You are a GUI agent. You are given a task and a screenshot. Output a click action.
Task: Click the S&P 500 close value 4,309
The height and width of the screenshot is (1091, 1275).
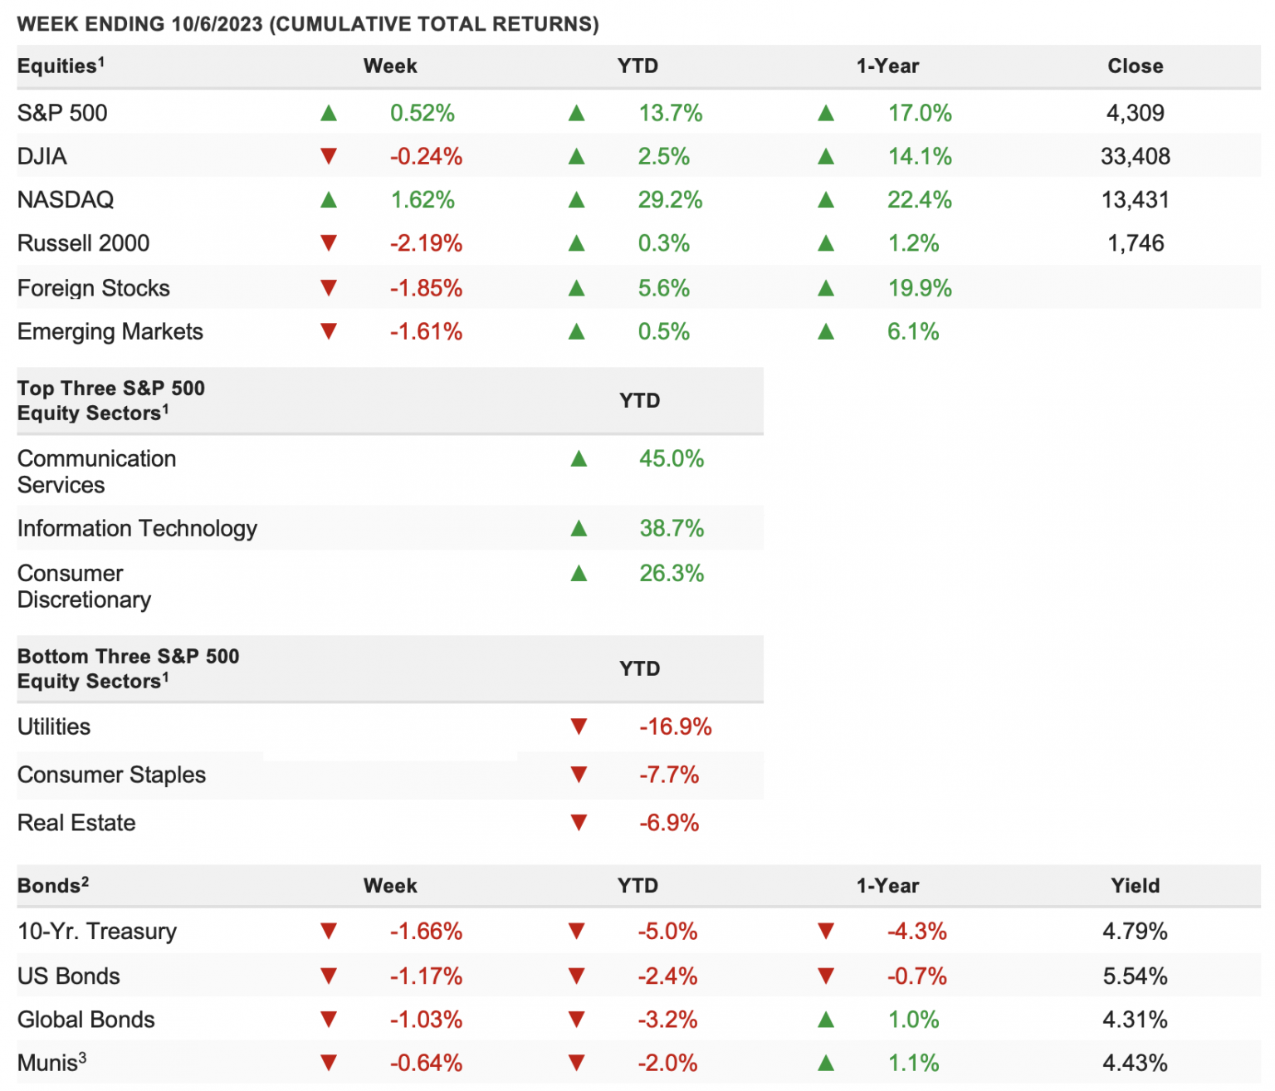pyautogui.click(x=1135, y=113)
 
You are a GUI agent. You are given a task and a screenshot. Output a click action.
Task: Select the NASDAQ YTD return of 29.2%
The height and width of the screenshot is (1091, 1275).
pyautogui.click(x=670, y=200)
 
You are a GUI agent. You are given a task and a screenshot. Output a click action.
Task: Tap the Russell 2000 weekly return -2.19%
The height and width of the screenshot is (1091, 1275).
pyautogui.click(x=426, y=243)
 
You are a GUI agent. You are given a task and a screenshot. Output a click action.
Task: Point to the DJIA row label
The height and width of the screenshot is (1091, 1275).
pyautogui.click(x=42, y=156)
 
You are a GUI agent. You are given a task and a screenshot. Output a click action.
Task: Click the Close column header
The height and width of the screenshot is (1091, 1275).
pyautogui.click(x=1135, y=66)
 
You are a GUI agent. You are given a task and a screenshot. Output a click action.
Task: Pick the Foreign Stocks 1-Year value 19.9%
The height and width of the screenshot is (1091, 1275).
pyautogui.click(x=919, y=288)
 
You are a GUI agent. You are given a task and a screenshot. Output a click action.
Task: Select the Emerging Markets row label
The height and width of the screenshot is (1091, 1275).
pyautogui.click(x=110, y=332)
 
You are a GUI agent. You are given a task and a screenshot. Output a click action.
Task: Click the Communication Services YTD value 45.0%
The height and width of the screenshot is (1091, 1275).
pyautogui.click(x=671, y=458)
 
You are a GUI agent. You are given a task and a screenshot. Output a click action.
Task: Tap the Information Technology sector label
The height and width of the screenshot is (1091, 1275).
pyautogui.click(x=137, y=529)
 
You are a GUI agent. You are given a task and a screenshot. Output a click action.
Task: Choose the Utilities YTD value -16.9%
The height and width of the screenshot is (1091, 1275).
pyautogui.click(x=676, y=727)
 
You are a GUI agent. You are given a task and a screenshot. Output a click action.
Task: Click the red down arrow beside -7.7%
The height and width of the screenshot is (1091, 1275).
pyautogui.click(x=579, y=775)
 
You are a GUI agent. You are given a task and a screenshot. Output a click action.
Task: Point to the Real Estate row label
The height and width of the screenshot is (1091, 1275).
pyautogui.click(x=76, y=823)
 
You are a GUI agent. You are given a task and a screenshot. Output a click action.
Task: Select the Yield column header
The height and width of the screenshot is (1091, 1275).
pyautogui.click(x=1135, y=886)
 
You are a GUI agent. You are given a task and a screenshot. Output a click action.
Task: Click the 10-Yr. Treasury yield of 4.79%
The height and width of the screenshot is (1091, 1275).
pyautogui.click(x=1135, y=932)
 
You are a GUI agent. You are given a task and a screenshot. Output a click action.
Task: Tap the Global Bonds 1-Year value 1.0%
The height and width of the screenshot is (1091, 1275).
pyautogui.click(x=913, y=1020)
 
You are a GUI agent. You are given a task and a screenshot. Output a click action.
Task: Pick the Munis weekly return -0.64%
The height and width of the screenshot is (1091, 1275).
pyautogui.click(x=426, y=1063)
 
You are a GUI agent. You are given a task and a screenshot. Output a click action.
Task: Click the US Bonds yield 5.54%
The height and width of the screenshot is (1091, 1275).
pyautogui.click(x=1135, y=976)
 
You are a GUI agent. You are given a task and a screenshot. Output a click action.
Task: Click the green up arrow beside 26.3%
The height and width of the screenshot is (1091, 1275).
pyautogui.click(x=579, y=573)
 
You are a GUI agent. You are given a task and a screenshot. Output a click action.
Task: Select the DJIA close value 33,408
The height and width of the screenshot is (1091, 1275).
pyautogui.click(x=1135, y=156)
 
